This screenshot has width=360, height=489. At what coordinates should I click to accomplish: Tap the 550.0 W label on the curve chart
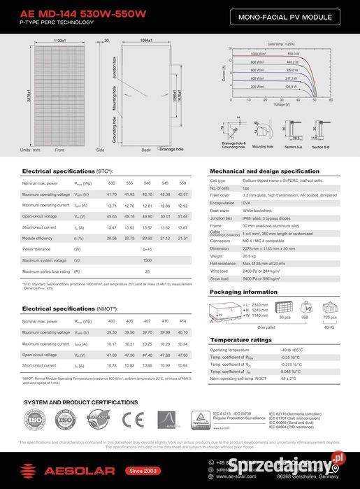[x=293, y=53]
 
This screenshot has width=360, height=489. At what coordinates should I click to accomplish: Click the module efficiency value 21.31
[x=183, y=238]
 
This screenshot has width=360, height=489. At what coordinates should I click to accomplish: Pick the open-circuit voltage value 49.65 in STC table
[x=112, y=217]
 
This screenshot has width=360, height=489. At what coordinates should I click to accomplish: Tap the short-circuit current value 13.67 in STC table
[x=183, y=227]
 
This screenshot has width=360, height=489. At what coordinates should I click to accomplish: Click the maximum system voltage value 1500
[x=147, y=260]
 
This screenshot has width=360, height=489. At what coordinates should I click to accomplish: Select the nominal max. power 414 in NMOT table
[x=183, y=321]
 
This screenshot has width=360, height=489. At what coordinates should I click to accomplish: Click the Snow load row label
[x=219, y=278]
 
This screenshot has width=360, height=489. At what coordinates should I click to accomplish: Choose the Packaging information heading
[x=244, y=292]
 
